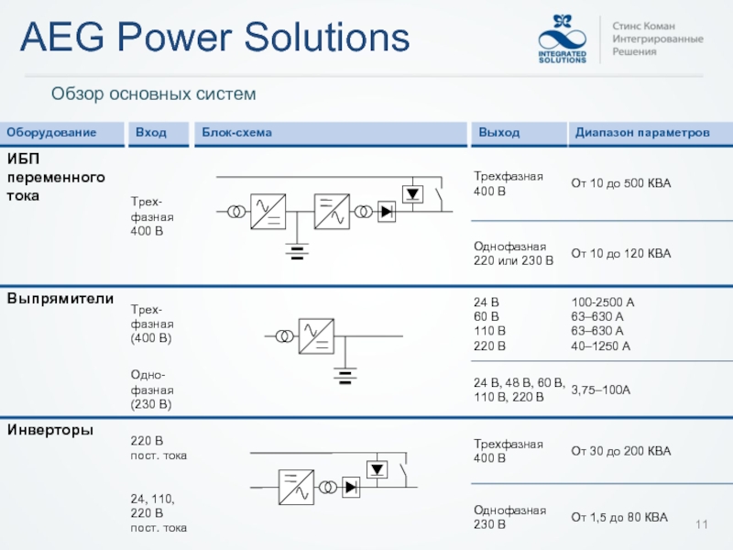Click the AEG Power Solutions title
coord(214,38)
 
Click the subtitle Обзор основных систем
coord(152,93)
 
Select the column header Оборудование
coord(53,133)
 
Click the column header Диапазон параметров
coord(642,133)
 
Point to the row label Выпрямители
coord(60,299)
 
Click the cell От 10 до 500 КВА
coord(621,184)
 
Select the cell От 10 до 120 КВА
coord(621,253)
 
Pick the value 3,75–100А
coord(600,390)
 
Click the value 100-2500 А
coord(603,302)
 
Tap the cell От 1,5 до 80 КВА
coord(619,518)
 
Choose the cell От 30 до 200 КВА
coord(621,451)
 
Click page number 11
coord(703,523)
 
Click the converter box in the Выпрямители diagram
coord(318,336)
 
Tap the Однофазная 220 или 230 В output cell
coord(513,253)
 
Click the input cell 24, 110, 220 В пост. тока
coord(159,513)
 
